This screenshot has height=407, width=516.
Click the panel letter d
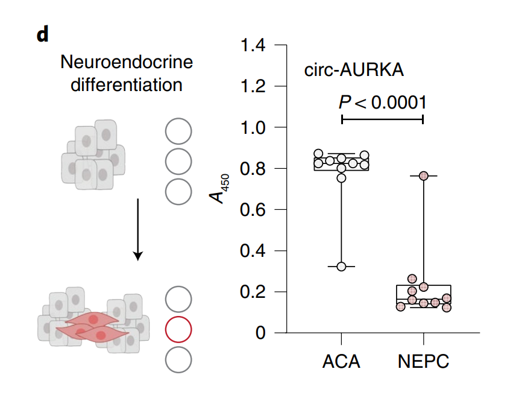(x=43, y=34)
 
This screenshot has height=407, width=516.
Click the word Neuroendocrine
(x=127, y=62)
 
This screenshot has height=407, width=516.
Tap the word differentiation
(x=127, y=84)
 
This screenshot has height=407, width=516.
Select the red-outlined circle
(x=178, y=329)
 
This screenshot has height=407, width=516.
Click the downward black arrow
(x=138, y=230)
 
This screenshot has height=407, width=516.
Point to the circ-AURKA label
(x=354, y=70)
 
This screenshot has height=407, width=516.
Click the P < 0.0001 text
(x=382, y=102)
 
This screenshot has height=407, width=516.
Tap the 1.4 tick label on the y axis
(x=253, y=45)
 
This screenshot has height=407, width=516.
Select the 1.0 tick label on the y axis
(x=253, y=127)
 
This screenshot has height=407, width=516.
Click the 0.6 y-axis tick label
(x=253, y=210)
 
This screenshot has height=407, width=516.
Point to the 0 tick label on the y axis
(x=260, y=333)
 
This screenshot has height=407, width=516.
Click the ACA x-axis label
(x=341, y=361)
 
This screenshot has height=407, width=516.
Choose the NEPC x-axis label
(x=424, y=361)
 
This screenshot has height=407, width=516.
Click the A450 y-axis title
(x=219, y=189)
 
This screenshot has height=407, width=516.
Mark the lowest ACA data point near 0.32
(x=342, y=267)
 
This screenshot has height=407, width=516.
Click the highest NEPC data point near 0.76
(x=424, y=176)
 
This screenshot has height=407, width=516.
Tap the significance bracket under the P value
(x=382, y=119)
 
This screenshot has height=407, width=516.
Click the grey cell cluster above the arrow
(x=93, y=154)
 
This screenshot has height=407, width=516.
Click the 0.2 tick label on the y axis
(x=253, y=292)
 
